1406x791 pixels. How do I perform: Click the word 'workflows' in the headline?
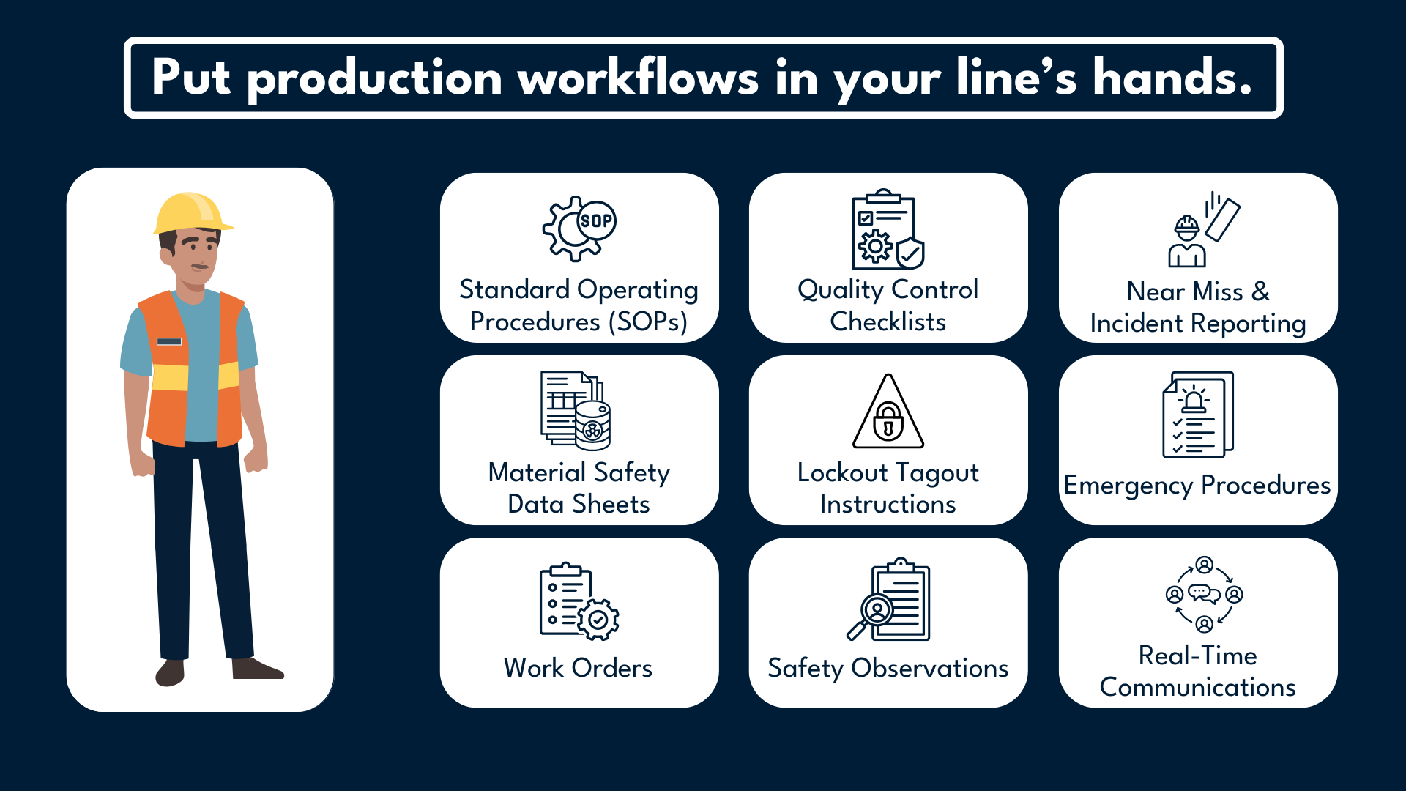pyautogui.click(x=639, y=78)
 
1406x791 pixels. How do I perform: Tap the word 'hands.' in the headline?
pyautogui.click(x=1172, y=78)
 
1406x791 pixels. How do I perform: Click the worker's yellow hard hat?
pyautogui.click(x=190, y=213)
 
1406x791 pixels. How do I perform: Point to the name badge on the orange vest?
pyautogui.click(x=169, y=341)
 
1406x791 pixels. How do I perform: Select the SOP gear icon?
pyautogui.click(x=579, y=229)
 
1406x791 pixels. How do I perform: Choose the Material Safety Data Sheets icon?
pyautogui.click(x=576, y=410)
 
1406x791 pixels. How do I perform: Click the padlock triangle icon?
pyautogui.click(x=888, y=414)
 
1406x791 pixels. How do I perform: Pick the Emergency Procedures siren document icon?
pyautogui.click(x=1197, y=415)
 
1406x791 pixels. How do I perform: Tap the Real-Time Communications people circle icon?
pyautogui.click(x=1204, y=594)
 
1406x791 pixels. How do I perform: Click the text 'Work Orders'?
pyautogui.click(x=578, y=668)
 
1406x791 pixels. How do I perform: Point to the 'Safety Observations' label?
pyautogui.click(x=888, y=668)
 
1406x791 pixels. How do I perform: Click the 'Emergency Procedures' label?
pyautogui.click(x=1197, y=485)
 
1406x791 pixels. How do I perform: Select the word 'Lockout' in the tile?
pyautogui.click(x=842, y=472)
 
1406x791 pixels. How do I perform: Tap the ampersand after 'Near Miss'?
pyautogui.click(x=1260, y=291)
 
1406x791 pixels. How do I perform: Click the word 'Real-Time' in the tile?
pyautogui.click(x=1197, y=656)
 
